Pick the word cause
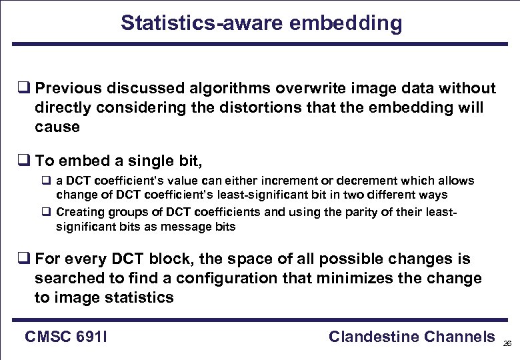click(57, 127)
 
